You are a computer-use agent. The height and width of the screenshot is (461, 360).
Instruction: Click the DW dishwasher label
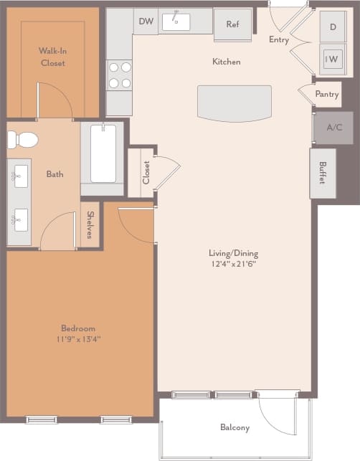[146, 22]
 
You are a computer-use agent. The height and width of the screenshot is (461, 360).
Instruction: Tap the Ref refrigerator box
[232, 24]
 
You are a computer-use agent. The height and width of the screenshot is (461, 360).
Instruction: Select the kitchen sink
[176, 22]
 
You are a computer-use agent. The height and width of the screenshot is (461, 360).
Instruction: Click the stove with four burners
[120, 75]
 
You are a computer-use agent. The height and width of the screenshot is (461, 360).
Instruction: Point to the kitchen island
[235, 103]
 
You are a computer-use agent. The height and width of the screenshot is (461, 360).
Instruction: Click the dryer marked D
[333, 27]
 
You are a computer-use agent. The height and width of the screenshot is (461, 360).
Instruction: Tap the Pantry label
[327, 94]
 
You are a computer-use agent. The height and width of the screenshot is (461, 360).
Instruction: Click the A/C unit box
[334, 128]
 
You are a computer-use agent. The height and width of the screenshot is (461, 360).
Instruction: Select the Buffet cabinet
[322, 173]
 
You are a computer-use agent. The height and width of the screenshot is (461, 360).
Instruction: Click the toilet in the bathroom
[24, 139]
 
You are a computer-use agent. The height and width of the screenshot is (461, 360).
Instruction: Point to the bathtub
[103, 153]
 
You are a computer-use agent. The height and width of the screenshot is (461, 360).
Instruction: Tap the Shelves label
[90, 224]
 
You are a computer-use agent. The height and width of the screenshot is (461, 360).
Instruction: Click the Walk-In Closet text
[52, 57]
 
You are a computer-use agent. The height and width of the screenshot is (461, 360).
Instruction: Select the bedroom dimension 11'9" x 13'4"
[78, 339]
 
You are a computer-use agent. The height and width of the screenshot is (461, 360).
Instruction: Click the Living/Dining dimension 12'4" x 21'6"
[233, 264]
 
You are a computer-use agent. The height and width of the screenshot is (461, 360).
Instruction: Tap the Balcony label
[235, 428]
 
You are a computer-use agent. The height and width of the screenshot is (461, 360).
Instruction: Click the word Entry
[279, 40]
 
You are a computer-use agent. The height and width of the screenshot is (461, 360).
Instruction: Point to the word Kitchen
[226, 62]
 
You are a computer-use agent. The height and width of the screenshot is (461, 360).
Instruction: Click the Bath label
[55, 174]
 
